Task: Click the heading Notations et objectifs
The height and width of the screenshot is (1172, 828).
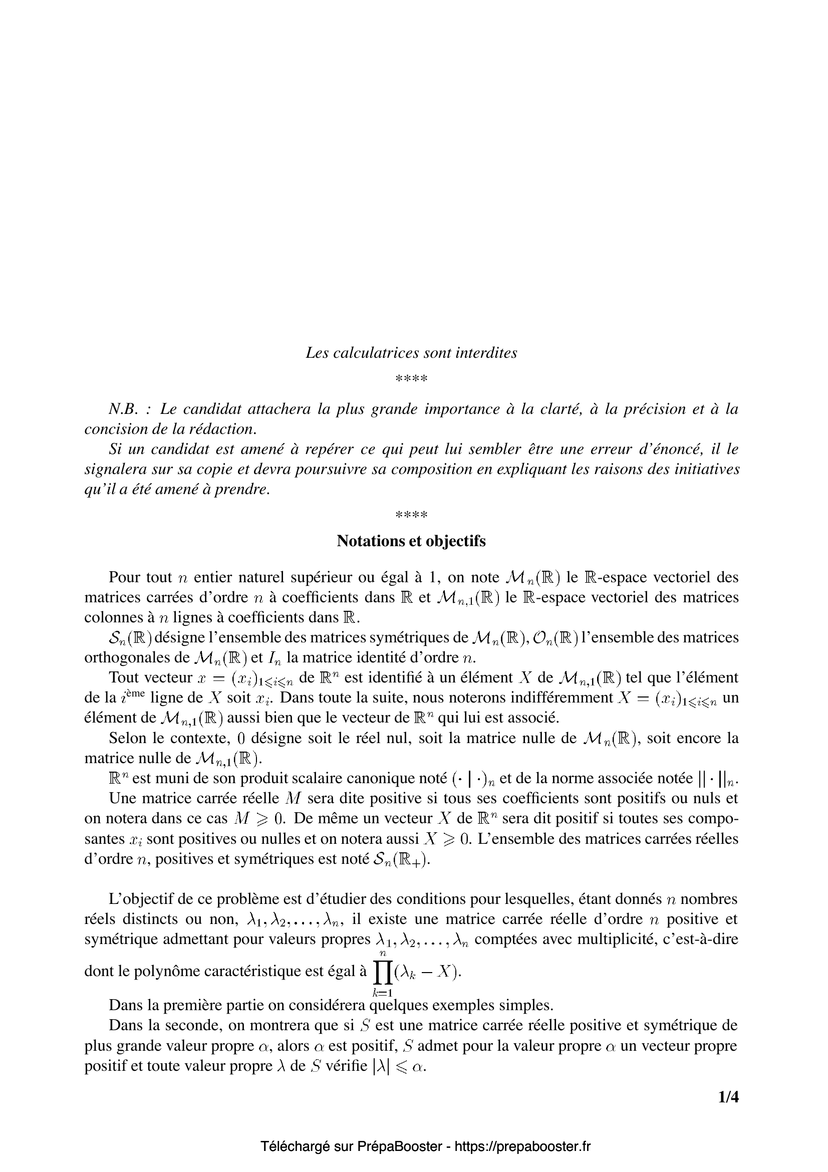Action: pyautogui.click(x=411, y=541)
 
